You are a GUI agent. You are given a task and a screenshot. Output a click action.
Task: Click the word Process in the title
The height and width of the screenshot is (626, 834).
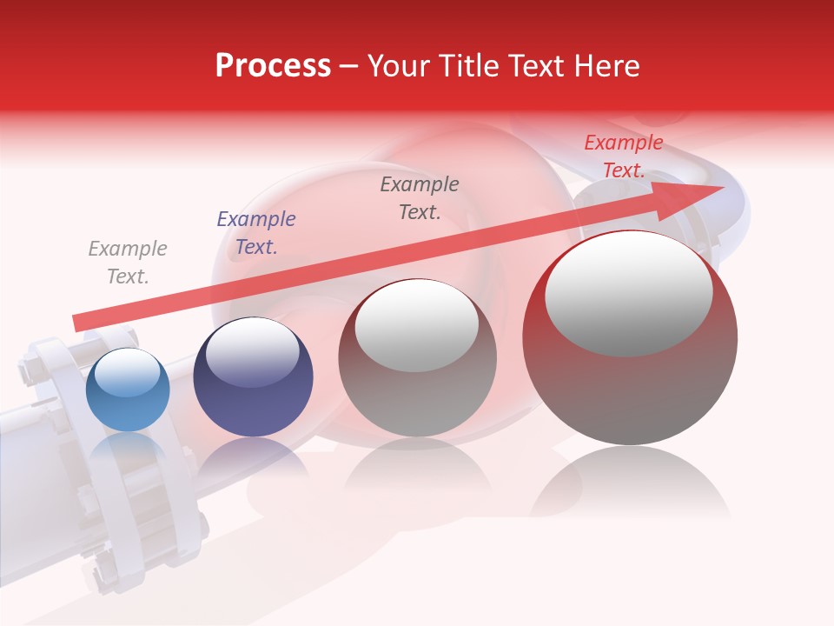point(273,66)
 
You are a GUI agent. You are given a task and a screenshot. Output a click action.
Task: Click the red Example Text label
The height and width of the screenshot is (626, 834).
point(623,156)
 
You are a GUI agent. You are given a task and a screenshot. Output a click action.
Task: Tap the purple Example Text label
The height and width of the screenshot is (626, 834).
point(255,233)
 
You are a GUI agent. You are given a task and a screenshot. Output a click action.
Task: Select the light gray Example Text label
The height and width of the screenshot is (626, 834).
point(127,263)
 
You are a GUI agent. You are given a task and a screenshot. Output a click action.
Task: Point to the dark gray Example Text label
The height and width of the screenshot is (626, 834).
point(419,198)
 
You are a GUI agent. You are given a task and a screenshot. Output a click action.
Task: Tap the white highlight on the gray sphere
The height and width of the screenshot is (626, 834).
point(417,325)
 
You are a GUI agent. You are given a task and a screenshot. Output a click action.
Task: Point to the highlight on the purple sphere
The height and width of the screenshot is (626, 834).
point(252,350)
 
